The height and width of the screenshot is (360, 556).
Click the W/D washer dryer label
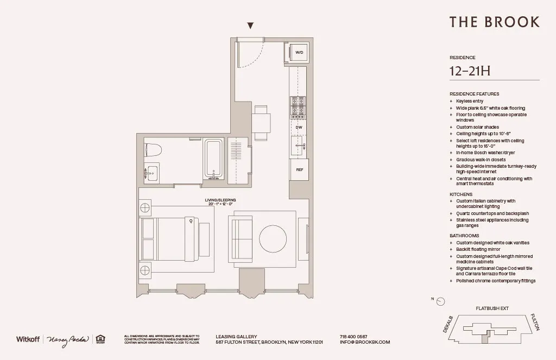click(299, 53)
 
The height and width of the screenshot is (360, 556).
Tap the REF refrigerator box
click(299, 169)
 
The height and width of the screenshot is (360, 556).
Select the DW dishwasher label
click(299, 128)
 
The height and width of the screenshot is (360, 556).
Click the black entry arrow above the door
click(250, 26)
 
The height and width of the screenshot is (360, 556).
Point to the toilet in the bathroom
click(153, 149)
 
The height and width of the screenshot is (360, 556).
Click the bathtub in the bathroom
click(213, 159)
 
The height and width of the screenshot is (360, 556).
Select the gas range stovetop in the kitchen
click(298, 108)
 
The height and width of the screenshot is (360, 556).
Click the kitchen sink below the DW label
click(298, 145)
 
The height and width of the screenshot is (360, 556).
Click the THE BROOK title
click(494, 22)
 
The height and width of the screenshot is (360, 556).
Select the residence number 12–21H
click(470, 71)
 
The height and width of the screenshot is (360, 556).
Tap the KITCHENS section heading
click(461, 194)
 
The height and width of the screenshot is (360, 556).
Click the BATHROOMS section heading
click(465, 236)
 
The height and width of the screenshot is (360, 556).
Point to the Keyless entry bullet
click(470, 101)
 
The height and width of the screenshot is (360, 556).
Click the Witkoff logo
click(27, 339)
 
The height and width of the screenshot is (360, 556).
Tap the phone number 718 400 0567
click(353, 336)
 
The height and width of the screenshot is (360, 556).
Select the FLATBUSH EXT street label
click(492, 308)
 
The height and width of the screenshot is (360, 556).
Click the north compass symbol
click(441, 301)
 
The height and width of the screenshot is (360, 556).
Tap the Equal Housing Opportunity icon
click(100, 339)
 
